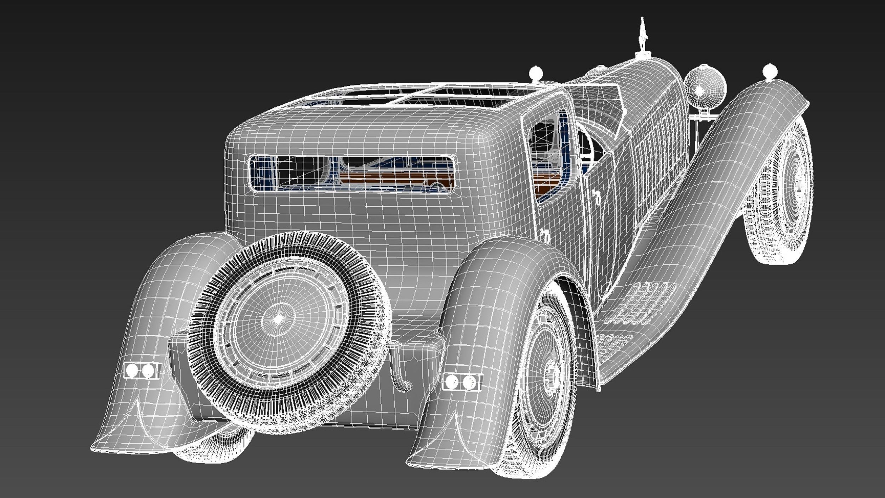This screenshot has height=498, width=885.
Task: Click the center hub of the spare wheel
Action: (279, 319)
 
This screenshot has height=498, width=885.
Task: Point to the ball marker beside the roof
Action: (536, 73)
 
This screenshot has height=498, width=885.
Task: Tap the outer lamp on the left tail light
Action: (132, 370)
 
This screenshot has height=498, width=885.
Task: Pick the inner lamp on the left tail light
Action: (148, 370)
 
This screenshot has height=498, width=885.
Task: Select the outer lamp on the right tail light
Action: (469, 382)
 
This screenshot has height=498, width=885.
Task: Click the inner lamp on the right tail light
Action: (452, 382)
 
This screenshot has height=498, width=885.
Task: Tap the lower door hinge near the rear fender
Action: (546, 235)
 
